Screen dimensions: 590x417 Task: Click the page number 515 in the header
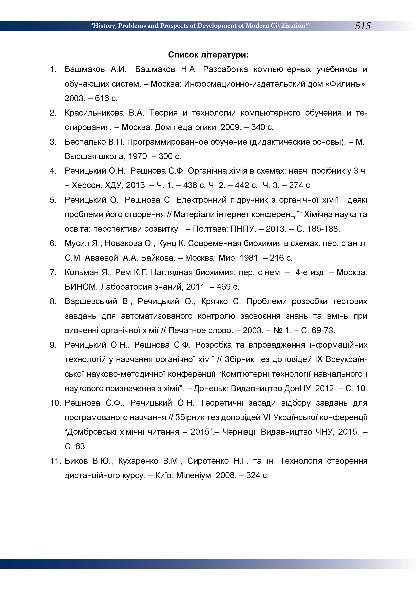(363, 26)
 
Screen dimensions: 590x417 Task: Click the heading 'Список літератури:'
(208, 55)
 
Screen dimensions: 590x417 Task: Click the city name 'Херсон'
(87, 185)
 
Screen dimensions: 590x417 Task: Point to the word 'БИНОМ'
(81, 287)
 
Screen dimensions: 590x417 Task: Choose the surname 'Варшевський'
(91, 301)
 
